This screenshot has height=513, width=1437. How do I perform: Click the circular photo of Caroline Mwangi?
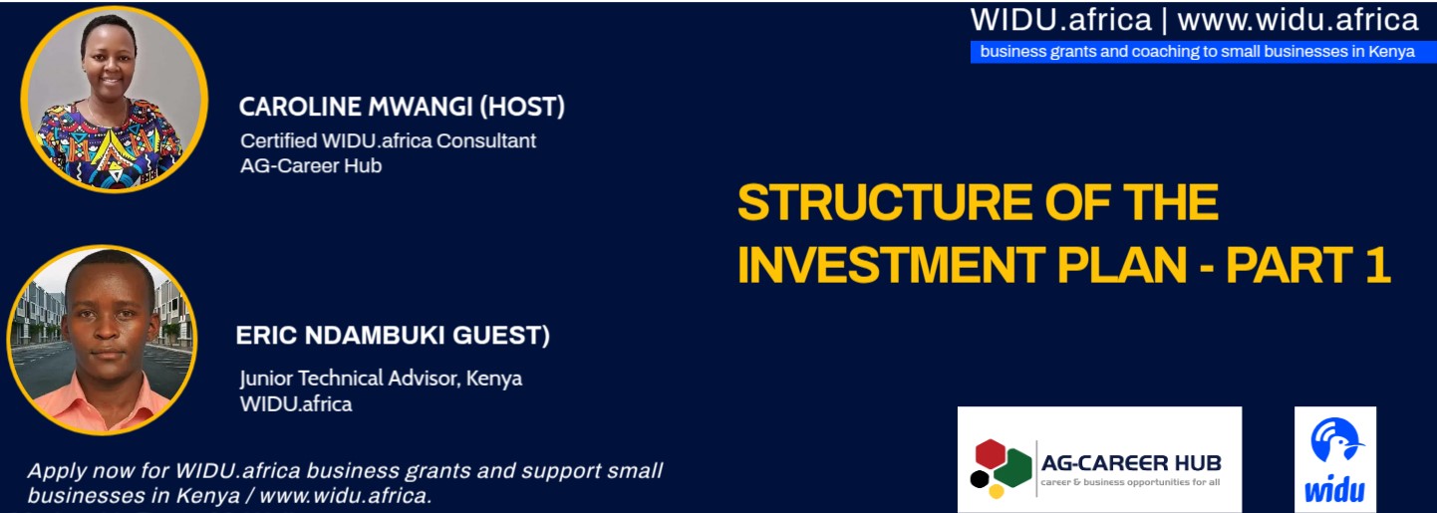click(x=115, y=100)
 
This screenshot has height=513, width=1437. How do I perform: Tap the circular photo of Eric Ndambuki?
click(x=102, y=340)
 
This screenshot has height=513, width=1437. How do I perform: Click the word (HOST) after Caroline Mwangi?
click(x=522, y=107)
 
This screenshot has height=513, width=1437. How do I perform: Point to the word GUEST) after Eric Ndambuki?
click(x=501, y=336)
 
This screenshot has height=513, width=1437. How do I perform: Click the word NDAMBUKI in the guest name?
click(x=375, y=336)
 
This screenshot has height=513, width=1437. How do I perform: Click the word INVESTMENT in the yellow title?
click(x=892, y=264)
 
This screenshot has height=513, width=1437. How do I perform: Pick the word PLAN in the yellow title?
click(x=1122, y=264)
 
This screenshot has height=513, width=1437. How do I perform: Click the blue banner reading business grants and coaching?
click(x=1203, y=52)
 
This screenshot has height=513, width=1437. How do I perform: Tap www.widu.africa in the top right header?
click(x=1297, y=20)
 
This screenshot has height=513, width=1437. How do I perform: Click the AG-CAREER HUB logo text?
click(x=1131, y=462)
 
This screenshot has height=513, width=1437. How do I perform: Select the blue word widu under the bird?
click(x=1335, y=490)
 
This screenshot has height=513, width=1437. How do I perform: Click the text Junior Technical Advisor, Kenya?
click(x=381, y=379)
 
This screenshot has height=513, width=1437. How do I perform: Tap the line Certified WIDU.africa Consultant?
click(x=388, y=140)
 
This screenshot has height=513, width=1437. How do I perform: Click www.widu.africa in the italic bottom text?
click(x=345, y=496)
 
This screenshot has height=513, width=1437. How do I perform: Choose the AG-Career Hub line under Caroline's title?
click(x=311, y=166)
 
